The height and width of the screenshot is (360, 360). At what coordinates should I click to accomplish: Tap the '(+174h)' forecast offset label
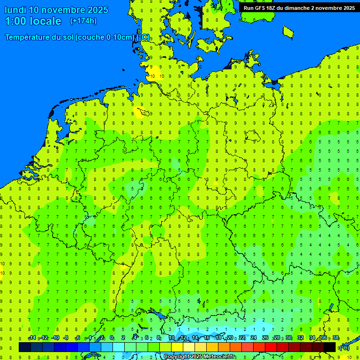pos(83,21)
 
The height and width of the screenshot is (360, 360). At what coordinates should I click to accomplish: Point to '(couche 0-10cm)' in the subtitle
pos(104,37)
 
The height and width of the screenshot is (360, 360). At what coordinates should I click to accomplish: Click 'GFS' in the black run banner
pos(262,8)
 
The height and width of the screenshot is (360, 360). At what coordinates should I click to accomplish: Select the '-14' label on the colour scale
pos(32,338)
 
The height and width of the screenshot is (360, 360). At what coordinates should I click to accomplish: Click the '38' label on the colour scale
pos(335,338)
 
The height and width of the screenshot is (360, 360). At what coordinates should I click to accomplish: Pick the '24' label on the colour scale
pos(253,338)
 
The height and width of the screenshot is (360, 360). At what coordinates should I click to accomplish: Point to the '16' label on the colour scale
pos(207,338)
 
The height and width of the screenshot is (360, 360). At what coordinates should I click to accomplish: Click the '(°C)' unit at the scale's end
pos(344,348)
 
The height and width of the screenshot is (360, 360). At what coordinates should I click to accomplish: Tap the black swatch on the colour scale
pos(330,347)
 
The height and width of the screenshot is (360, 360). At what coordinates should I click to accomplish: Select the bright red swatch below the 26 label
pos(271,347)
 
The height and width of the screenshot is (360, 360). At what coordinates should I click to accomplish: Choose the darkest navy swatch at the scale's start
pos(25,347)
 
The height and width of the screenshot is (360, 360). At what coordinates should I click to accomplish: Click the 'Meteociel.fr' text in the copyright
pos(219,357)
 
